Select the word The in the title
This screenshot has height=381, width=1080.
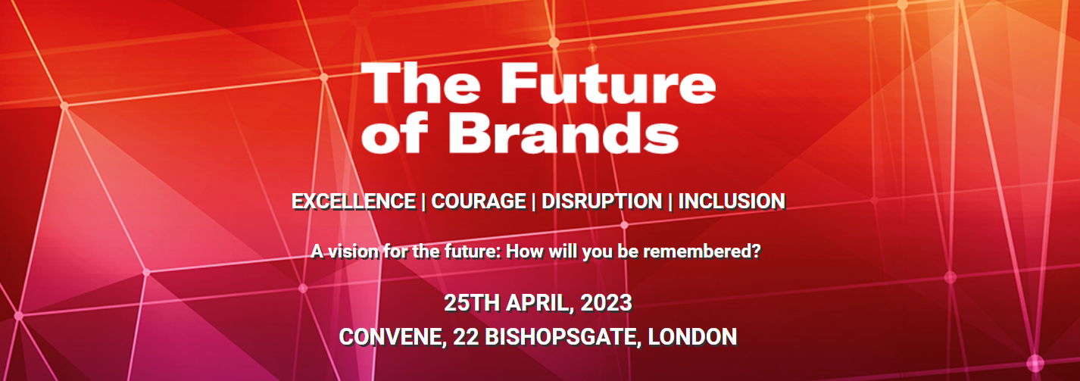point(414,84)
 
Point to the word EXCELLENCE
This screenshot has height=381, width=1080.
point(354,201)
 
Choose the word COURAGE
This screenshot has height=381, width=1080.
point(479,201)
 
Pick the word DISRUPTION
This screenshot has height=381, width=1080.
point(601,201)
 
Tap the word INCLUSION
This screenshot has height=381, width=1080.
point(731,201)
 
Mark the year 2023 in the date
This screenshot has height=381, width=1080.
point(607,304)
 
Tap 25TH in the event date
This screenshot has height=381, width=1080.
point(467,304)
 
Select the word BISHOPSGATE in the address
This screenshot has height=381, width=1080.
point(558,336)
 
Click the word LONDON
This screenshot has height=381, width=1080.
point(695,336)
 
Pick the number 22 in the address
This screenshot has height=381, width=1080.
point(464,336)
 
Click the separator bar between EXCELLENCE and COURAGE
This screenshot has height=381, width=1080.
point(423,201)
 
